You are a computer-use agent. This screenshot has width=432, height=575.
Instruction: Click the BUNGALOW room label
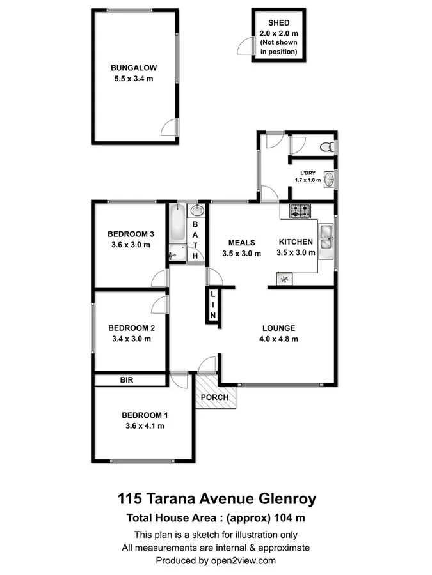pyautogui.click(x=134, y=67)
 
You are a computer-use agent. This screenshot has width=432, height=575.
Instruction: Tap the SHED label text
pyautogui.click(x=278, y=23)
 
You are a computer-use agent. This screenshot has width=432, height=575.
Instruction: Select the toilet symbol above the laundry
pyautogui.click(x=326, y=146)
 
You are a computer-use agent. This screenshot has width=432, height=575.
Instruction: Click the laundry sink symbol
pyautogui.click(x=328, y=180)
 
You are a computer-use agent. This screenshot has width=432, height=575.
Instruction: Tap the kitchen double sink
pyautogui.click(x=326, y=238)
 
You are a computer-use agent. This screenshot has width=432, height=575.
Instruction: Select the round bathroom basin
pyautogui.click(x=197, y=210)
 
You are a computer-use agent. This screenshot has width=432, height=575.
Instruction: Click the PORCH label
pyautogui.click(x=214, y=397)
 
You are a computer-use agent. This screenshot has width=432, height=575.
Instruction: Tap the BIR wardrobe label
pyautogui.click(x=127, y=380)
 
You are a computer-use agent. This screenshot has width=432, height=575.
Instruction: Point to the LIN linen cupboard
pyautogui.click(x=213, y=305)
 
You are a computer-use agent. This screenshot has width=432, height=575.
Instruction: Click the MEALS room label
pyautogui.click(x=242, y=243)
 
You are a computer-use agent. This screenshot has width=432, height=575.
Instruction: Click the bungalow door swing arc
pyautogui.click(x=168, y=127)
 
